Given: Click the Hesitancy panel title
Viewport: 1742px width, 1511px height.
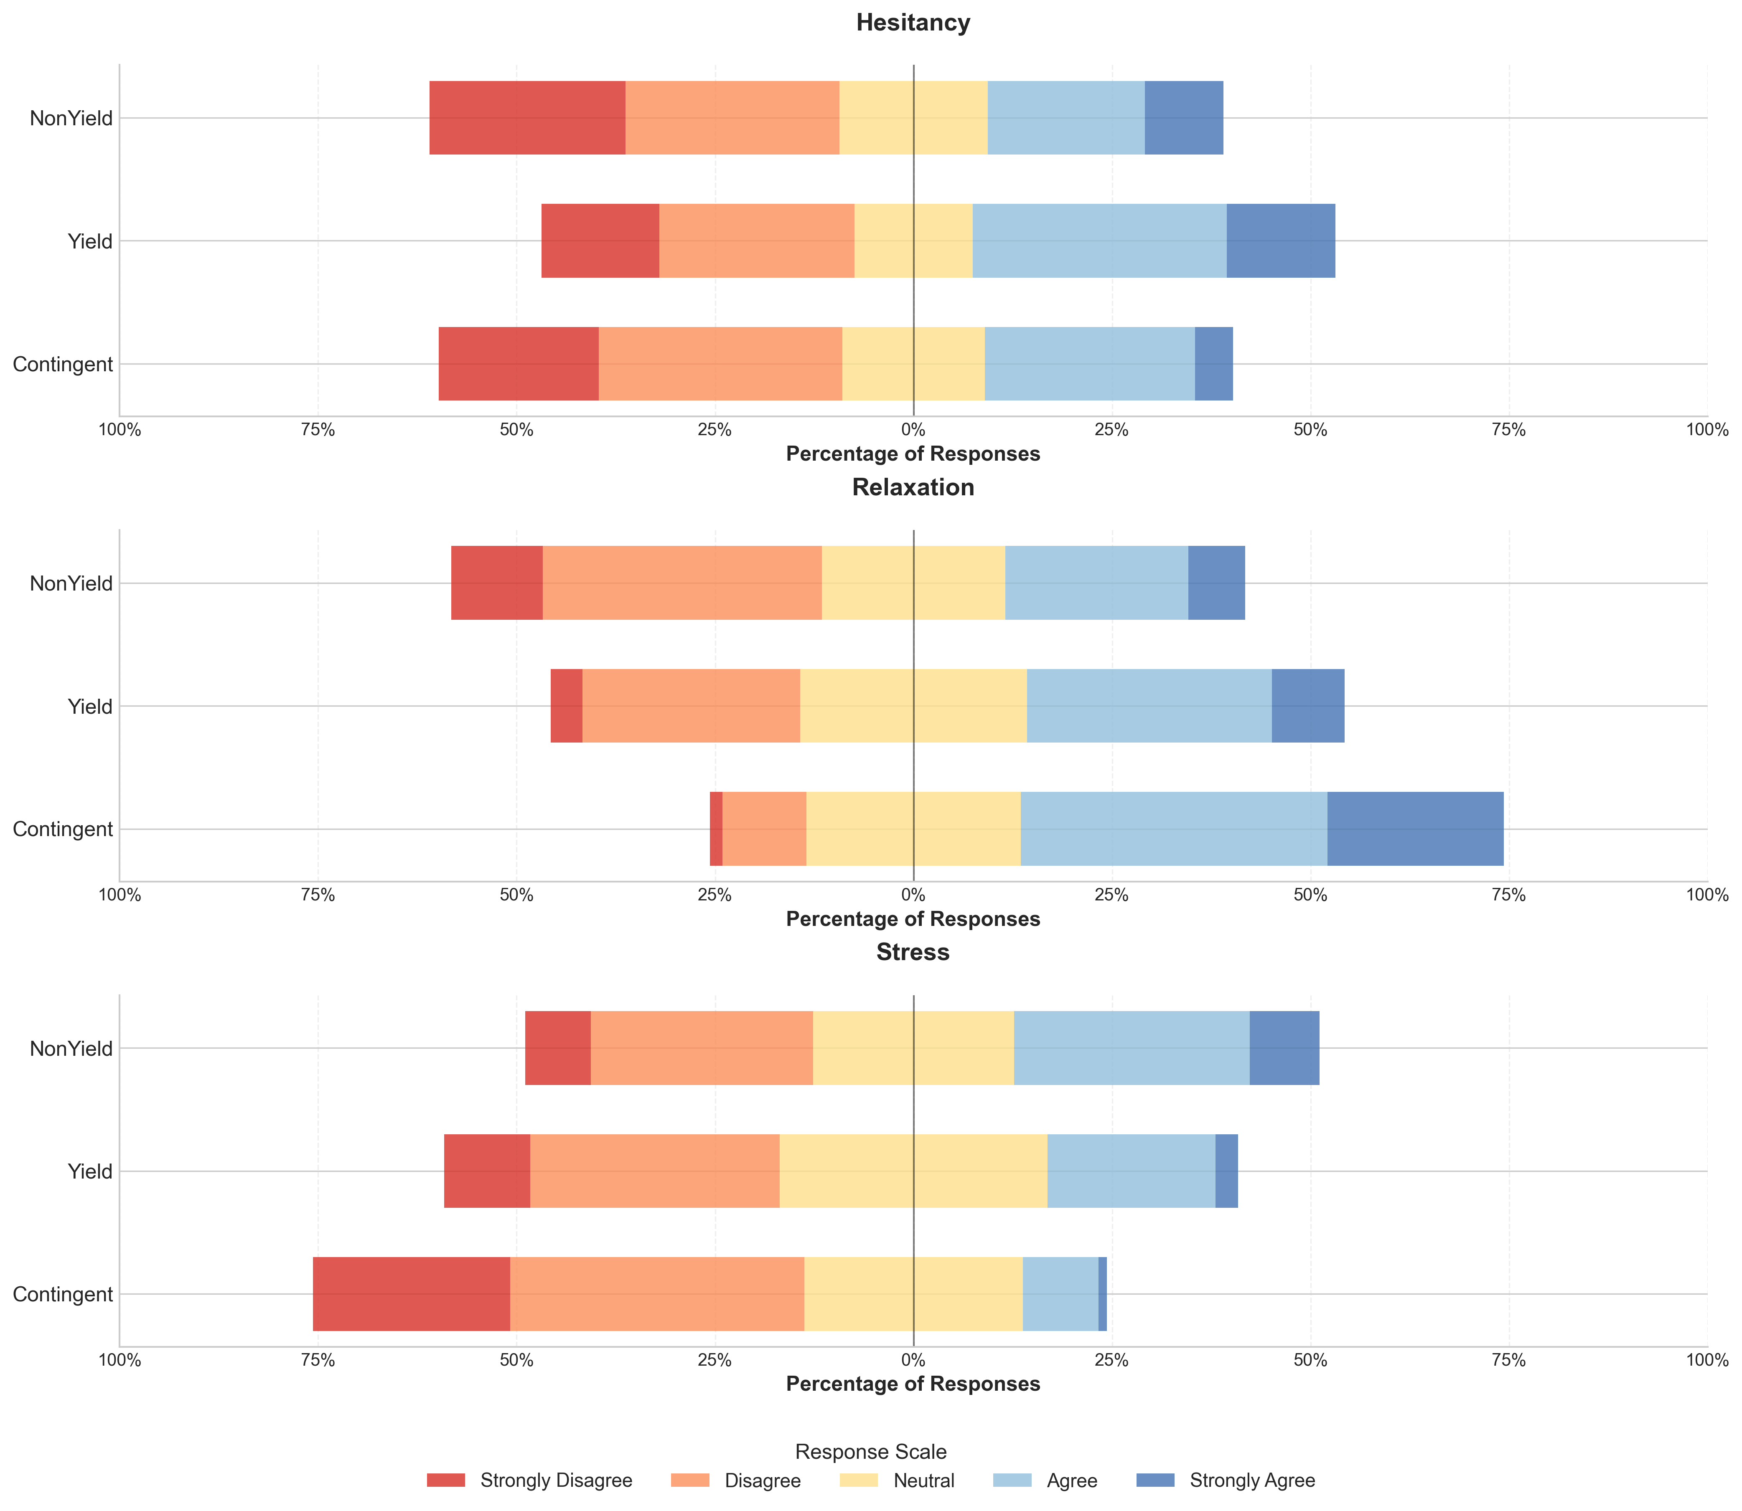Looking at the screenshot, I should click(x=913, y=23).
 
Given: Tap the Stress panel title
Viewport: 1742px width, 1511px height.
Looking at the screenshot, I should click(x=913, y=953).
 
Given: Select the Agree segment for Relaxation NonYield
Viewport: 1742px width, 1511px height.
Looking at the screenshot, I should click(x=1097, y=583).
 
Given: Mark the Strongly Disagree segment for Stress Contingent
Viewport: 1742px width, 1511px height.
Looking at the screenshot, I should click(x=412, y=1294).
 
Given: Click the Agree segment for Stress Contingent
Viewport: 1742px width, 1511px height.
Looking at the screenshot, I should click(x=1060, y=1294).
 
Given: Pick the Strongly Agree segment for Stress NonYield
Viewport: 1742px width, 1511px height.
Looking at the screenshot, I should click(x=1284, y=1048).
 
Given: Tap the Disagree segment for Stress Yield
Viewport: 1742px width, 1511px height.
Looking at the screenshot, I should click(x=655, y=1171).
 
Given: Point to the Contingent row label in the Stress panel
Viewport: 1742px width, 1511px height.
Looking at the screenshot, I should click(x=63, y=1294).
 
